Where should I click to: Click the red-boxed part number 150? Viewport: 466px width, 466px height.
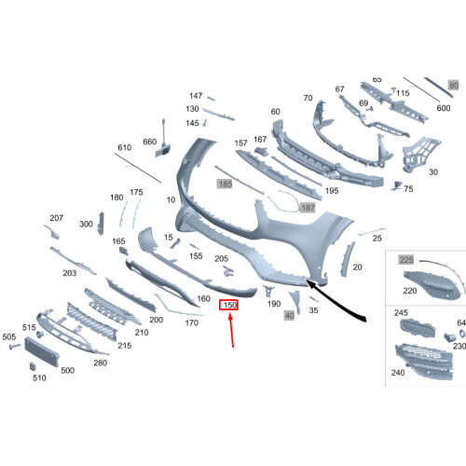(x=228, y=305)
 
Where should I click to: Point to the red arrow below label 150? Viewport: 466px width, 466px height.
(x=231, y=330)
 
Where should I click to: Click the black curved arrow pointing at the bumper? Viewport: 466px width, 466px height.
(x=336, y=300)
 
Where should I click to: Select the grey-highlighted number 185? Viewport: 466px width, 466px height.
(x=225, y=184)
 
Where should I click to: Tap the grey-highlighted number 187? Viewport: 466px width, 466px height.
(x=308, y=208)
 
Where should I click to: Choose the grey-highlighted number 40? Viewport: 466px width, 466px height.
(x=289, y=316)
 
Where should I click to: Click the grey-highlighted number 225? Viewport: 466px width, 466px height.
(x=406, y=259)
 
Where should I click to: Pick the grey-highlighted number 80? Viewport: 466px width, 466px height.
(x=454, y=85)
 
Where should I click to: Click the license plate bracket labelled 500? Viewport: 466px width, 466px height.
(x=42, y=351)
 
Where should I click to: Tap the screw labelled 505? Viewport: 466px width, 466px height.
(x=14, y=346)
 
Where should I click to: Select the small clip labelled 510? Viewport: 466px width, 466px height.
(x=33, y=366)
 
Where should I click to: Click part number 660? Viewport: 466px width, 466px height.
(x=149, y=142)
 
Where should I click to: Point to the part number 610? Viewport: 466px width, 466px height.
(x=124, y=147)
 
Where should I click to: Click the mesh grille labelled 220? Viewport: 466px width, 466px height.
(x=432, y=285)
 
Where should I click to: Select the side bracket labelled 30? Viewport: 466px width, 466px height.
(x=420, y=155)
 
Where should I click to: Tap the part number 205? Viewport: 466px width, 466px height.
(x=221, y=258)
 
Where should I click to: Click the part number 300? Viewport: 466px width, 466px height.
(x=86, y=224)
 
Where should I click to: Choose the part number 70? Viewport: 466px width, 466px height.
(x=308, y=98)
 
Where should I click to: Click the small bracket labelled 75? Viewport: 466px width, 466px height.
(x=397, y=185)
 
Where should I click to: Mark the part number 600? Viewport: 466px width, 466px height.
(x=444, y=108)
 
